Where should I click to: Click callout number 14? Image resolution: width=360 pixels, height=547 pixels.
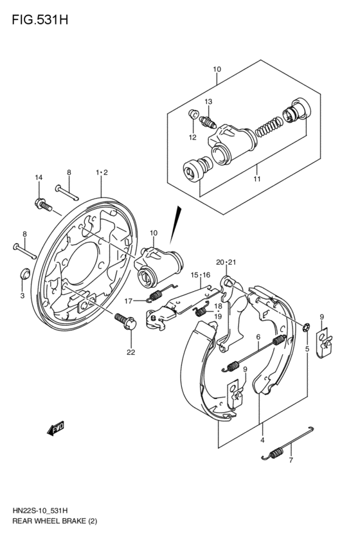pos(39,178)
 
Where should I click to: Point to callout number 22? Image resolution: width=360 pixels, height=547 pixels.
pos(131,352)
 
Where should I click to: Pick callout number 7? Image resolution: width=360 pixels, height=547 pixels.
pos(291,460)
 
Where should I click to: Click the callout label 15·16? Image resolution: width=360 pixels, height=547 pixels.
pos(201,275)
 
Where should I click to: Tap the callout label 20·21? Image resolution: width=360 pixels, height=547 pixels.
pos(226,262)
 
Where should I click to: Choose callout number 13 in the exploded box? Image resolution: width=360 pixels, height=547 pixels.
pos(209,102)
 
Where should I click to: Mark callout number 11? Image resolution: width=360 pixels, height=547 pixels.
pos(257,179)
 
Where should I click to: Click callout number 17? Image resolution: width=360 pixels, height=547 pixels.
pos(129,300)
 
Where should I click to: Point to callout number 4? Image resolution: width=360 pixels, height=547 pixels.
pos(262,440)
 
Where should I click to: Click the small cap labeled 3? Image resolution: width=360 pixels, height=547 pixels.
pos(24,273)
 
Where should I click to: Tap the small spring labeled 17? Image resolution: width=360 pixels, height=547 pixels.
pos(155,296)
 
